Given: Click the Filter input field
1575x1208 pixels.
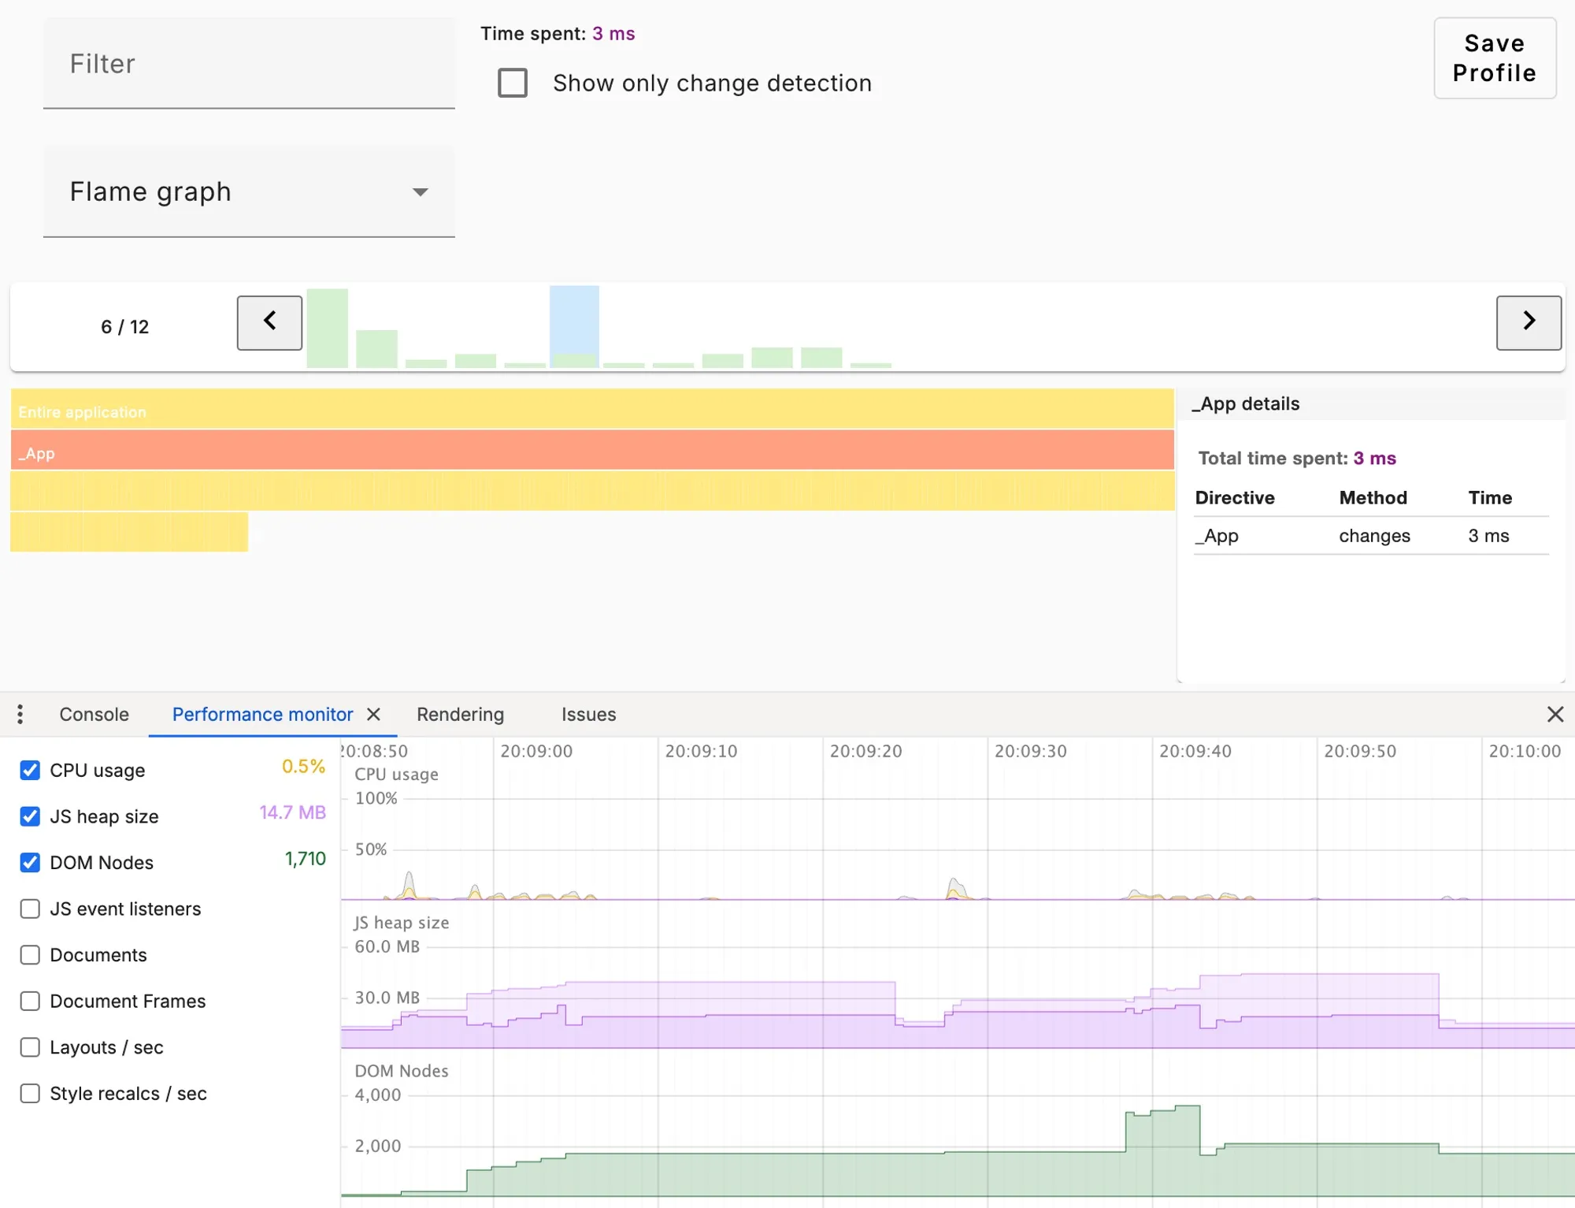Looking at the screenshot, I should click(x=249, y=64).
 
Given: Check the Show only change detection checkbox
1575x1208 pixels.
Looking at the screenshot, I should click(x=513, y=83).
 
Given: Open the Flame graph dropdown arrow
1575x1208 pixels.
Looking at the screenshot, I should click(x=421, y=192).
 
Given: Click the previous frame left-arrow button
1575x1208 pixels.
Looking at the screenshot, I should click(x=269, y=322).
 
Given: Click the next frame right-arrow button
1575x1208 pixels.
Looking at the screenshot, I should click(x=1528, y=322).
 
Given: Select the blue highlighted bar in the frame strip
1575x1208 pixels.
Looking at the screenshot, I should click(x=574, y=322).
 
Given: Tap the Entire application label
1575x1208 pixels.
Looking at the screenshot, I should click(x=83, y=412).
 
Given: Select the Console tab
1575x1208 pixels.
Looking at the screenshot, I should click(x=94, y=715).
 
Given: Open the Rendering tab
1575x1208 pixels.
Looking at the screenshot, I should click(x=460, y=715).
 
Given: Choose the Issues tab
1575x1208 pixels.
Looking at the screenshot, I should click(x=588, y=715).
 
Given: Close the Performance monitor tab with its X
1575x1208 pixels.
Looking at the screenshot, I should click(x=374, y=715).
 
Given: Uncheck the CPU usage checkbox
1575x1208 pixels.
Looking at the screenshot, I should click(x=30, y=770).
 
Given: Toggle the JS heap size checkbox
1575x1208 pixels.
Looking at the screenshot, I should click(x=30, y=816).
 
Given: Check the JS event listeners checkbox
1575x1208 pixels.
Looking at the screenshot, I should click(x=30, y=909).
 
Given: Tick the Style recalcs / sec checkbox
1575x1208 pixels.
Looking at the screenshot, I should click(x=30, y=1094).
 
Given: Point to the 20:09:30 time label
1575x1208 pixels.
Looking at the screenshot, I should click(x=1030, y=752).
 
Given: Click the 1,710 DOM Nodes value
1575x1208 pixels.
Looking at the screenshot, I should click(x=305, y=859).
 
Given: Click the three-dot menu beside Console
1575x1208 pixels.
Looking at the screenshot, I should click(x=20, y=715).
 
